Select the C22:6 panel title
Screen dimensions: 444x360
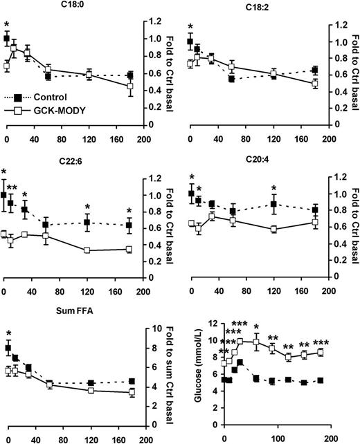pyautogui.click(x=67, y=158)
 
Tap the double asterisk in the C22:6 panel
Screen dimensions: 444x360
pyautogui.click(x=12, y=189)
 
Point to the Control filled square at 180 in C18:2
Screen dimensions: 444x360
pyautogui.click(x=315, y=70)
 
